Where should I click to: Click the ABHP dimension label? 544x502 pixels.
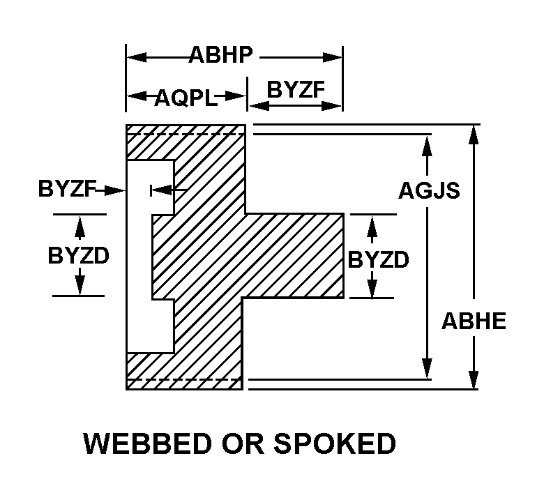tap(220, 55)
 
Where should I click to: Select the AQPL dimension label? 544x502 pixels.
tap(186, 98)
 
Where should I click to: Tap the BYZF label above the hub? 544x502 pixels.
tap(296, 89)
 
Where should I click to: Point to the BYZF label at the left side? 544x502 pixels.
tap(67, 189)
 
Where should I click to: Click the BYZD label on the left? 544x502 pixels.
tap(78, 255)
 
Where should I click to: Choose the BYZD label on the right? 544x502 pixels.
tap(378, 259)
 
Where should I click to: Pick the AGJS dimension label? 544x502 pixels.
tap(429, 190)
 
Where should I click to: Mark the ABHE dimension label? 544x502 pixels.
tap(474, 321)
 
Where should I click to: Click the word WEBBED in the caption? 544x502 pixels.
tap(148, 443)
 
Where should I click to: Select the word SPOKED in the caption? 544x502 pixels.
tap(335, 443)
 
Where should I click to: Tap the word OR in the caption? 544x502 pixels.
tap(243, 443)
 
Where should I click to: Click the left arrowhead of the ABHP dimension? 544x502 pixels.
tap(137, 58)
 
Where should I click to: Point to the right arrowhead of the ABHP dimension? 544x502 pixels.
tap(333, 58)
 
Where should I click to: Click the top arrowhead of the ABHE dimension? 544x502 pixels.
tap(474, 135)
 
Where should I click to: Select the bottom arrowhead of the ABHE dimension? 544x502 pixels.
tap(474, 379)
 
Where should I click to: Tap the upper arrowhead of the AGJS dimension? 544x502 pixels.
tap(427, 146)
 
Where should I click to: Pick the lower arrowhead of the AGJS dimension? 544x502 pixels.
tap(427, 368)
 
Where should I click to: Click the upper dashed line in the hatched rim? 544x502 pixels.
tap(186, 134)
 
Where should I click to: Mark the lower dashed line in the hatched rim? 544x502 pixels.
tap(184, 379)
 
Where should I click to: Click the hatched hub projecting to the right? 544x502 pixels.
tap(294, 256)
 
